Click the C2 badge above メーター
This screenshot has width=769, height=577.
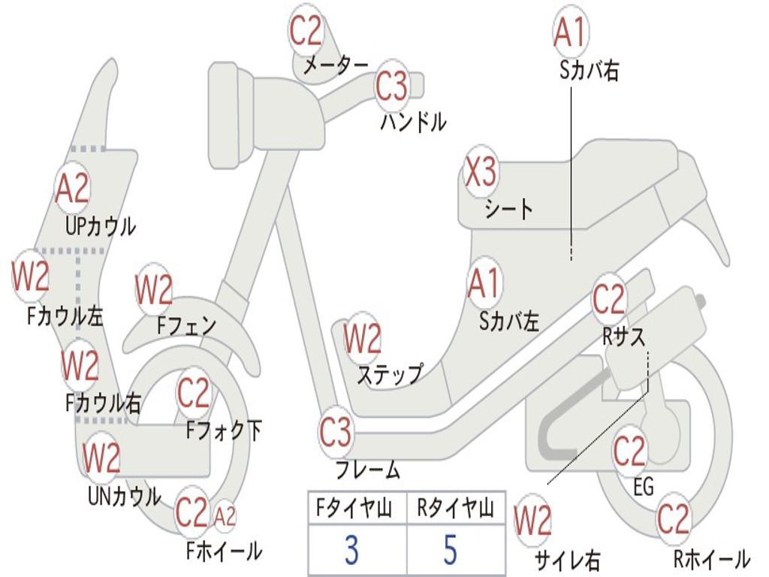click(306, 31)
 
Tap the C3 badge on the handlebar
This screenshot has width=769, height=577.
click(391, 86)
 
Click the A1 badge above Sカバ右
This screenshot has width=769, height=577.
click(569, 32)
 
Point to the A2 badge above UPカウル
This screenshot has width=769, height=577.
click(72, 189)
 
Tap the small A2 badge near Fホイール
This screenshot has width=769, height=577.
click(225, 516)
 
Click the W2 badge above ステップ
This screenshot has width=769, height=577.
click(363, 339)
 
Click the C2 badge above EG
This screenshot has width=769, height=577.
click(629, 452)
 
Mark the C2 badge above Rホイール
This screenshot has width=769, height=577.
click(673, 518)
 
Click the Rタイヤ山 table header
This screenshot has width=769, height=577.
click(456, 509)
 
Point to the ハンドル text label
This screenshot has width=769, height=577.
click(413, 122)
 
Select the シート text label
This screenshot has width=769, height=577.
click(508, 209)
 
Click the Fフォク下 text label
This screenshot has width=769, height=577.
click(224, 430)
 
